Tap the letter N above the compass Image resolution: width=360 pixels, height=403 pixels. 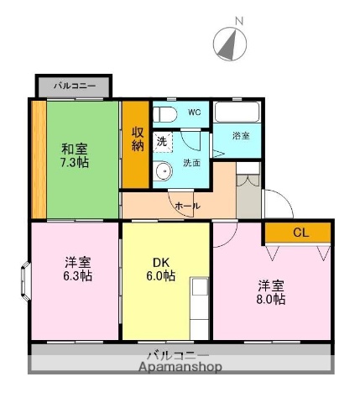(x=238, y=20)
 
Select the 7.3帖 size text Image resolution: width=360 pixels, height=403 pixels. (x=75, y=162)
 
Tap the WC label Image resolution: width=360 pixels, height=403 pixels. (x=194, y=112)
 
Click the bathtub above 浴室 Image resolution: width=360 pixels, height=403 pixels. (x=238, y=112)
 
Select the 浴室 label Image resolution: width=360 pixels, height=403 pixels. (x=240, y=135)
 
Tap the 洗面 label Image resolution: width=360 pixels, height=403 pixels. (x=191, y=163)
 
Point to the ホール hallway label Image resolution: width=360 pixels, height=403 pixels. (x=186, y=205)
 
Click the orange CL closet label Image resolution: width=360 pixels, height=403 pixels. (x=300, y=233)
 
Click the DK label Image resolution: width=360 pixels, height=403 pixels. (x=159, y=261)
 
